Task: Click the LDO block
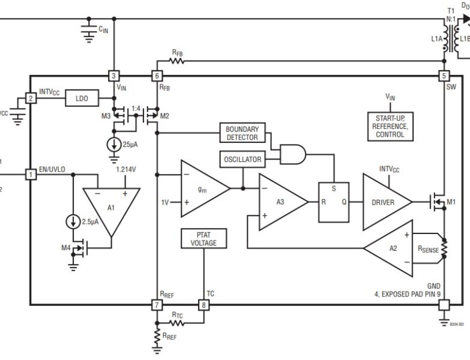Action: [82, 98]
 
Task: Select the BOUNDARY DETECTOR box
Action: [241, 133]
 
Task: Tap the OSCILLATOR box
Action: [242, 160]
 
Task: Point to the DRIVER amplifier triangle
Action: [384, 202]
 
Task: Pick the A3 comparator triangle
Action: [280, 202]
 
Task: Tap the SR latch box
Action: [334, 202]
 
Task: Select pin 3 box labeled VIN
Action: [113, 76]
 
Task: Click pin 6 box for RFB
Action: [157, 76]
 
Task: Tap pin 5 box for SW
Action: [444, 76]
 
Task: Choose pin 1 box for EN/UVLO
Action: [30, 174]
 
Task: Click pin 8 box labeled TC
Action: [203, 305]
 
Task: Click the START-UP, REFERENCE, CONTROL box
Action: [388, 126]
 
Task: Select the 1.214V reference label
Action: [126, 170]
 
